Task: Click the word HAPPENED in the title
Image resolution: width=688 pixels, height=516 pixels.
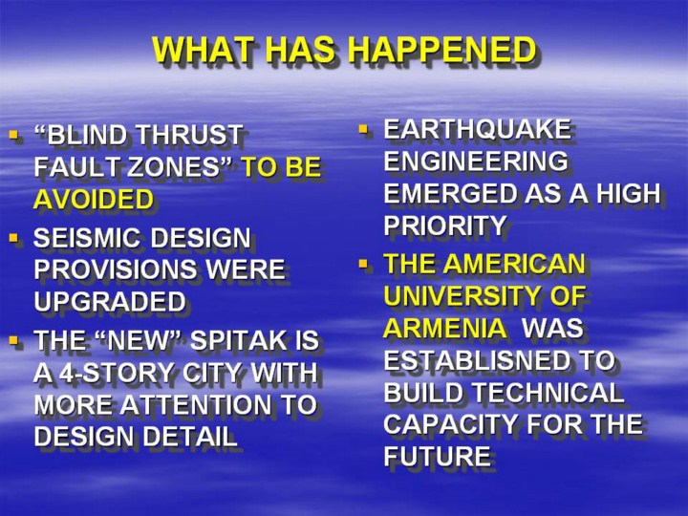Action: (442, 50)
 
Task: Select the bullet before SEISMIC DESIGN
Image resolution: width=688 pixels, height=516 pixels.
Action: (13, 238)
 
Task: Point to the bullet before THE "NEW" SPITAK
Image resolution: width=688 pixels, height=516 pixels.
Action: (13, 340)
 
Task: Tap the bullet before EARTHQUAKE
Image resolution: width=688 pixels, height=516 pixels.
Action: (363, 129)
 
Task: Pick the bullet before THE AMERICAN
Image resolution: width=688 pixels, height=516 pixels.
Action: (363, 264)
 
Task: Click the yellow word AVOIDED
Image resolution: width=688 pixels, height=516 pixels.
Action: (94, 199)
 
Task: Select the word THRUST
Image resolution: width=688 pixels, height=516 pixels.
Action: (189, 135)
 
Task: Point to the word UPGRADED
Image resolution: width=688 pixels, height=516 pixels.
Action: (110, 301)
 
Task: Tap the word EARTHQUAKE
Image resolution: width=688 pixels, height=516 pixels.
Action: (477, 129)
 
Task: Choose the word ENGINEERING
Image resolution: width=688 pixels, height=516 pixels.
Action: (476, 161)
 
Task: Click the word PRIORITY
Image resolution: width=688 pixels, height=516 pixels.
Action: (445, 226)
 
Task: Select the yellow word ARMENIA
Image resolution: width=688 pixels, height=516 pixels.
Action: (444, 328)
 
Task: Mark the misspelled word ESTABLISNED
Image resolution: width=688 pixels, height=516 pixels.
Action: (477, 360)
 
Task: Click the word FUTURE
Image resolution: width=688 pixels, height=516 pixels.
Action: (437, 456)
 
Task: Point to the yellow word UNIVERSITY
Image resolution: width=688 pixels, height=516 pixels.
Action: (462, 295)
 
